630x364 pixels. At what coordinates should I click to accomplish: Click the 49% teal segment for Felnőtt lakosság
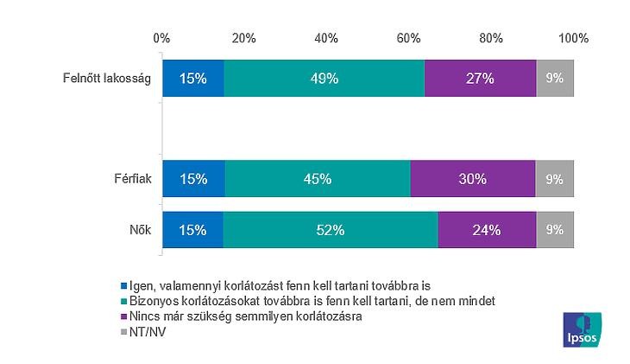(x=324, y=78)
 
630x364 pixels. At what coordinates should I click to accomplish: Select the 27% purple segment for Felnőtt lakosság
(x=481, y=78)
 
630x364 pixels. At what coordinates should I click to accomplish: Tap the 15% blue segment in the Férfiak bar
(x=193, y=179)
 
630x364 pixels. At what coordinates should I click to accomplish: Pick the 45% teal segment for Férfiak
(x=318, y=179)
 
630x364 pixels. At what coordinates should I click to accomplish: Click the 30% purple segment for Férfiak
(x=473, y=179)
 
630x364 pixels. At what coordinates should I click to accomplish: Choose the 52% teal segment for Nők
(x=331, y=230)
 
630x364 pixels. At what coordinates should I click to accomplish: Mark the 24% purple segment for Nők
(x=487, y=230)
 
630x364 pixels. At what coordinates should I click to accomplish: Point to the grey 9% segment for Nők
(x=555, y=230)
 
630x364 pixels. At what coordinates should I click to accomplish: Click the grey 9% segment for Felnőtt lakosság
(x=555, y=78)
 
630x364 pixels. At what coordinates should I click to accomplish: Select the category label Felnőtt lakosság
(x=108, y=79)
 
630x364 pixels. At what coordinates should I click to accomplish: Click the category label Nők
(x=140, y=231)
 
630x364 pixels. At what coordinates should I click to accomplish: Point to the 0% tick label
(x=161, y=38)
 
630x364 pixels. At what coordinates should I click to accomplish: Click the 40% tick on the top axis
(x=326, y=38)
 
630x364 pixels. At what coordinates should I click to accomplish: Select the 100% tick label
(x=573, y=38)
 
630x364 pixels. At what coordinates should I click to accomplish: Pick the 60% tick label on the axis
(x=408, y=38)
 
